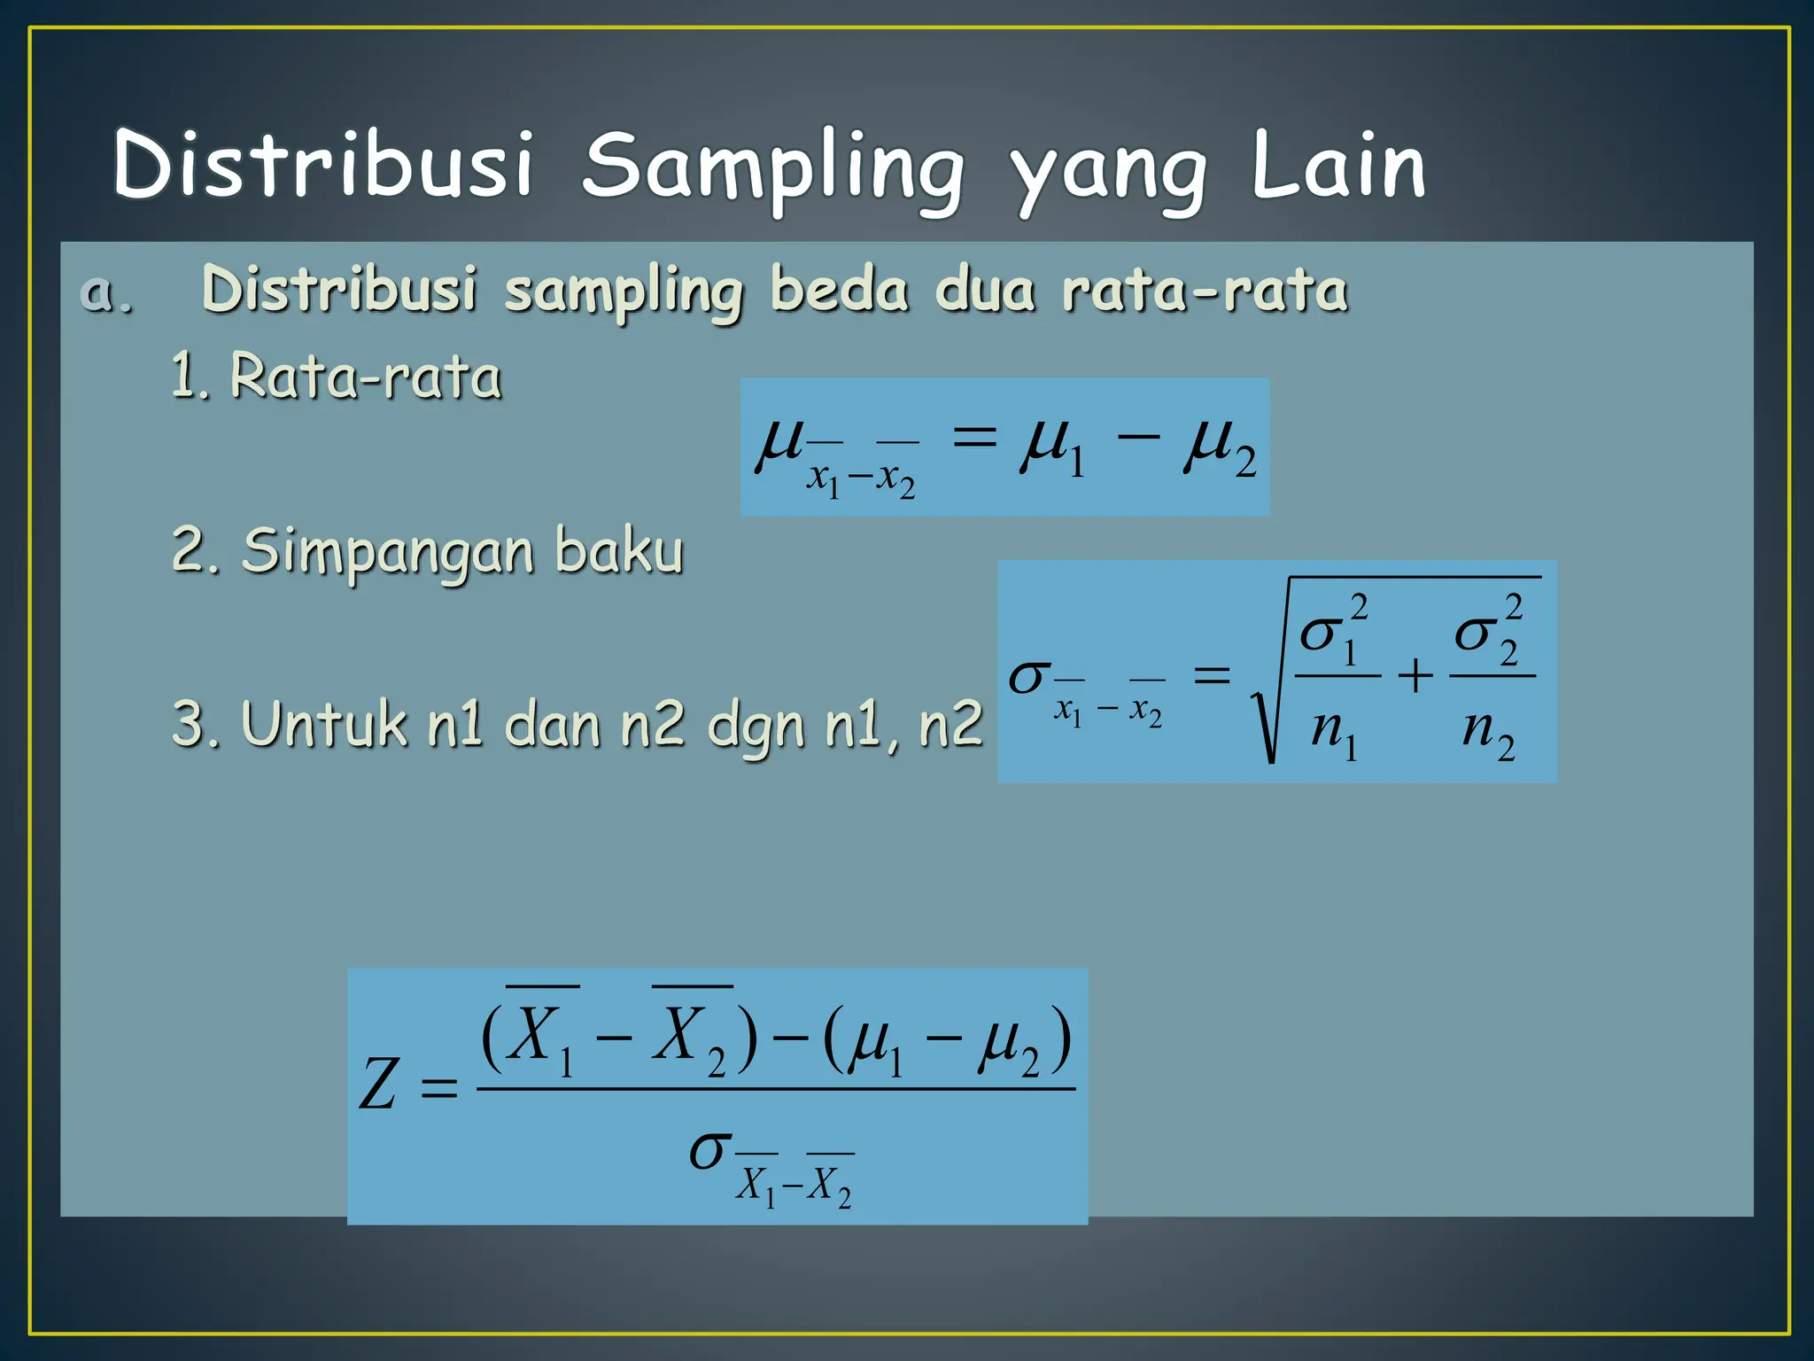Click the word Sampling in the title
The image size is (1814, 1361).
coord(772,168)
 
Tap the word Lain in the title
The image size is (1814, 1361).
coord(1337,167)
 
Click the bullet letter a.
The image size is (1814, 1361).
coord(106,292)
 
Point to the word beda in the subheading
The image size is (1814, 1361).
coord(840,291)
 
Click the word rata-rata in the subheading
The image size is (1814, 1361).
coord(1205,291)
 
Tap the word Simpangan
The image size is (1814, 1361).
coord(388,551)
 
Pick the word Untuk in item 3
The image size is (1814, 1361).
coord(324,725)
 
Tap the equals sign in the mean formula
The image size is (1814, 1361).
coord(974,437)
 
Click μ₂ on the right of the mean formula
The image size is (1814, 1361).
coord(1219,447)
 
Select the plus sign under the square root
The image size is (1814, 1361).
coord(1415,676)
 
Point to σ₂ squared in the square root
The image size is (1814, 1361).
coord(1490,631)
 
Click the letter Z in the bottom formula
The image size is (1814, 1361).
coord(378,1085)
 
